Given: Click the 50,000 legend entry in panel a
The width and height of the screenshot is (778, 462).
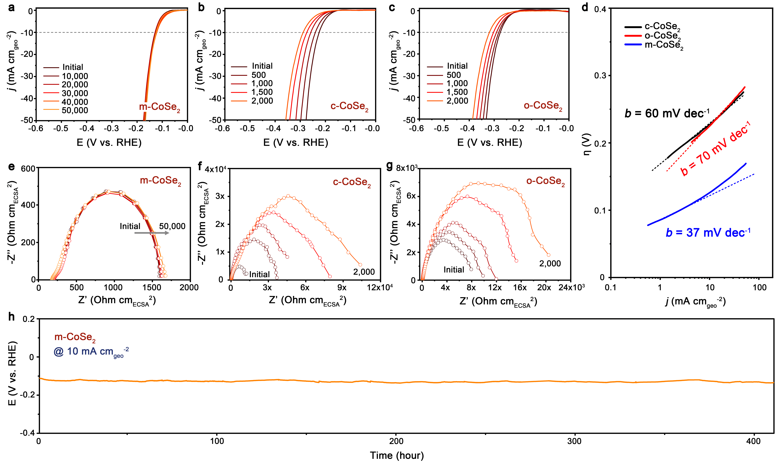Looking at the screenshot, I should pos(75,111).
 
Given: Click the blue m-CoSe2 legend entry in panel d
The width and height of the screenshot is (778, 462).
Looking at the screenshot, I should pos(663,45).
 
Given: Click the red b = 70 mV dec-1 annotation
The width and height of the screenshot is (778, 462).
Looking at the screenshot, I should pos(715,149).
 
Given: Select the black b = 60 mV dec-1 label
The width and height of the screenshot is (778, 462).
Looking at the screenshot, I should pos(666,113).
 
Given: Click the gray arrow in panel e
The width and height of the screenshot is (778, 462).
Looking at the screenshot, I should pos(152,233).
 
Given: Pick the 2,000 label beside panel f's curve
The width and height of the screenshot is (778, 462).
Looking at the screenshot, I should pos(364,272).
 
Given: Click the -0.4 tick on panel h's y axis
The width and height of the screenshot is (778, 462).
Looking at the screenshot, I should pos(27,433).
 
